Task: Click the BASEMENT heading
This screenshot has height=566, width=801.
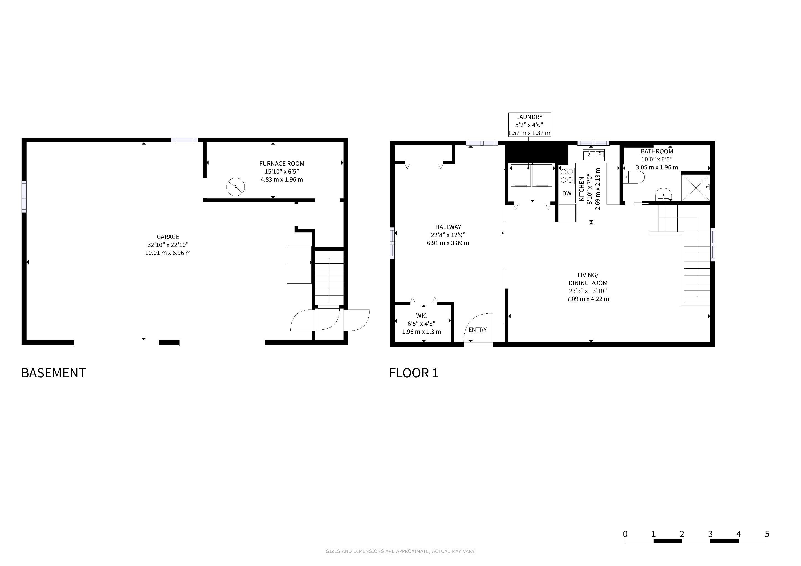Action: pyautogui.click(x=53, y=373)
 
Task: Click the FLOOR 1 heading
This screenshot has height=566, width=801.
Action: pyautogui.click(x=414, y=373)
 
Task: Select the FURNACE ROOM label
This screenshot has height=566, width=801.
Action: pyautogui.click(x=282, y=163)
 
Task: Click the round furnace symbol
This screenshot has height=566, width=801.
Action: pyautogui.click(x=235, y=187)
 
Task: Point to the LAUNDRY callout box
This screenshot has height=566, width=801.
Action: pyautogui.click(x=529, y=124)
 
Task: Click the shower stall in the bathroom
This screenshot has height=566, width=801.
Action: pyautogui.click(x=696, y=187)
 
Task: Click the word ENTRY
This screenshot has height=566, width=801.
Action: pyautogui.click(x=478, y=330)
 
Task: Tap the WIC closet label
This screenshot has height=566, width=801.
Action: pyautogui.click(x=422, y=316)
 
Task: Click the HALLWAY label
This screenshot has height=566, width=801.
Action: pyautogui.click(x=448, y=227)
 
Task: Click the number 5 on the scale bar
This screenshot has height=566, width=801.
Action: pyautogui.click(x=767, y=534)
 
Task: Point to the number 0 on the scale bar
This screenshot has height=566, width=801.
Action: pyautogui.click(x=625, y=534)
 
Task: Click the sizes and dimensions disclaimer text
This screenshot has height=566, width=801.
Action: pyautogui.click(x=400, y=551)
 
